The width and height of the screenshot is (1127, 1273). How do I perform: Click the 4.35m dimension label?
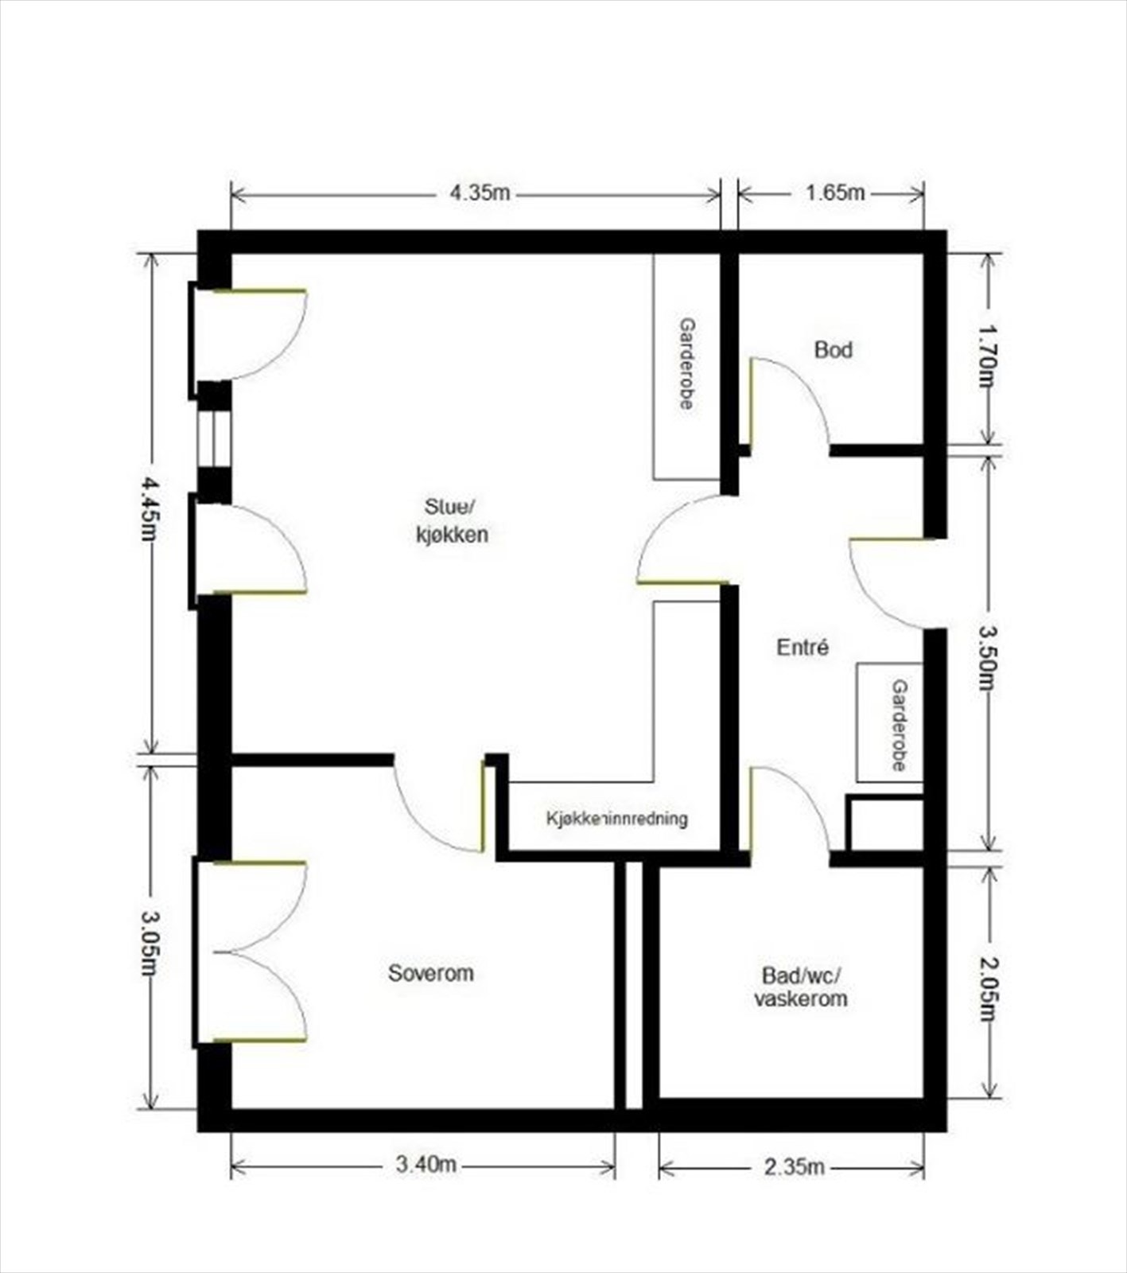pyautogui.click(x=480, y=193)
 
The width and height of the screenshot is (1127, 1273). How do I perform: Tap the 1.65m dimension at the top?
pyautogui.click(x=834, y=193)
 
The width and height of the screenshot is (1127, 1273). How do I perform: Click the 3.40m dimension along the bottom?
pyautogui.click(x=426, y=1165)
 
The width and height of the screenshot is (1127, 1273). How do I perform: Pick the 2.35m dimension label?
pyautogui.click(x=793, y=1167)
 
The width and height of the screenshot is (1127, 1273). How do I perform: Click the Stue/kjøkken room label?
pyautogui.click(x=452, y=520)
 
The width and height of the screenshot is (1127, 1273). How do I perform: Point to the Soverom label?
pyautogui.click(x=430, y=972)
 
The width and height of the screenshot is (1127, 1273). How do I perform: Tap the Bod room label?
pyautogui.click(x=833, y=349)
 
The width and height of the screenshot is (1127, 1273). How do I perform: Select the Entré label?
pyautogui.click(x=802, y=648)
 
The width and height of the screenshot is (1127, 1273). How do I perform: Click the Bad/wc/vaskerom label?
pyautogui.click(x=800, y=987)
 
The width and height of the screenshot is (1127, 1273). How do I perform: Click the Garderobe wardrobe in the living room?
pyautogui.click(x=686, y=366)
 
